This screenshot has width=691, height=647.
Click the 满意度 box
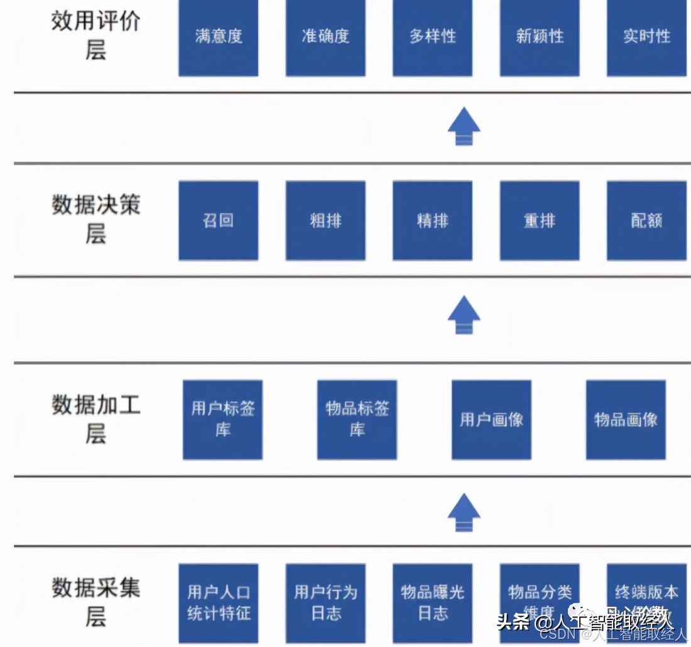[x=218, y=38]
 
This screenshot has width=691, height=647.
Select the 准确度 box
[x=325, y=38]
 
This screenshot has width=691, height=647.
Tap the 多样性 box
[x=432, y=38]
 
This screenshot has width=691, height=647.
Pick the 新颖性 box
[x=540, y=38]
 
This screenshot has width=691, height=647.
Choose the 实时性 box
[x=646, y=38]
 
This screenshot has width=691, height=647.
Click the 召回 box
[x=218, y=220]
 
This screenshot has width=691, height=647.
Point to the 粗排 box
[x=325, y=220]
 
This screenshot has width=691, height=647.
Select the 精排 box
[x=432, y=220]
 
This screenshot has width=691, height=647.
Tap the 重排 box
[x=540, y=220]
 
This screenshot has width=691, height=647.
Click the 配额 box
[x=646, y=220]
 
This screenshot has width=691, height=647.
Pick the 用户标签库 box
[x=222, y=419]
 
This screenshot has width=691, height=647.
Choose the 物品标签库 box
[x=357, y=419]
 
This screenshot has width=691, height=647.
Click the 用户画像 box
[x=491, y=419]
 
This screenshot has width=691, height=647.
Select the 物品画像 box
[x=626, y=419]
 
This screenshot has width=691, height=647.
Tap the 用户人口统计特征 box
[x=218, y=602]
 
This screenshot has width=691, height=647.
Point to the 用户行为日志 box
[x=325, y=602]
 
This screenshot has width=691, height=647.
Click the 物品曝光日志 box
[x=432, y=602]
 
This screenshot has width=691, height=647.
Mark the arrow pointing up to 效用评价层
[x=464, y=126]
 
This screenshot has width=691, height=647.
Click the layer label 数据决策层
[x=95, y=219]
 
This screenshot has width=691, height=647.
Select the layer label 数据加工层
[x=95, y=419]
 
